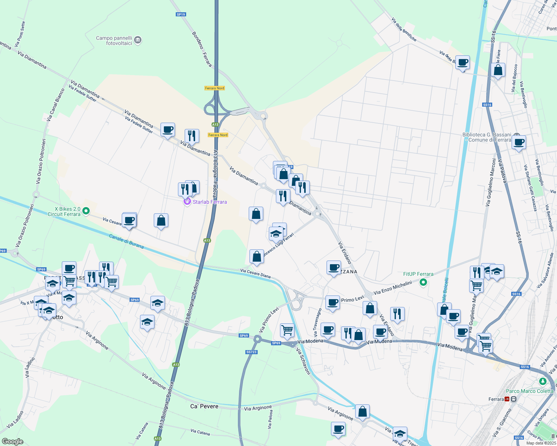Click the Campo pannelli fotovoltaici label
click(x=114, y=41)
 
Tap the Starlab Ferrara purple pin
click(x=187, y=202)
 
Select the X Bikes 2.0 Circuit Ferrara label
click(x=64, y=211)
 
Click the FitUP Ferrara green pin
click(x=423, y=282)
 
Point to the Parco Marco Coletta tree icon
click(x=543, y=381)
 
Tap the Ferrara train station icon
click(x=507, y=399)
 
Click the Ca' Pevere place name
click(x=204, y=406)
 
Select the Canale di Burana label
click(x=126, y=241)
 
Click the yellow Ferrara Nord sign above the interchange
click(x=215, y=88)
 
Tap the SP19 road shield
click(x=181, y=14)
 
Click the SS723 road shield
click(x=251, y=352)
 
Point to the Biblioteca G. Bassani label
click(x=487, y=137)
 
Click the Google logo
click(x=12, y=442)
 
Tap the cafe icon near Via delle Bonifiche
click(x=462, y=63)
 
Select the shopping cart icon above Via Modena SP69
click(x=287, y=330)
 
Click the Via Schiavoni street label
click(x=303, y=361)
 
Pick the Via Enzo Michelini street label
click(x=392, y=288)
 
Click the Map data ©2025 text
click(x=541, y=443)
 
